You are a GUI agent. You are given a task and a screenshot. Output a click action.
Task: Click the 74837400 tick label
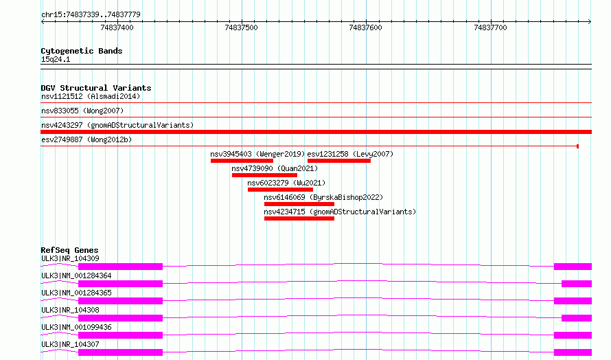(117, 27)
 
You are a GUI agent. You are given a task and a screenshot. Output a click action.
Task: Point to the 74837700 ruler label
(490, 27)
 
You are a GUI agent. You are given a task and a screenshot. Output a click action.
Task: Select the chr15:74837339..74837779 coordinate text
(91, 15)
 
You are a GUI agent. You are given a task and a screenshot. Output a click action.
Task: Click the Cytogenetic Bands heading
(82, 51)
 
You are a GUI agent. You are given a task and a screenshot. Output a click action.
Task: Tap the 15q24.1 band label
(56, 59)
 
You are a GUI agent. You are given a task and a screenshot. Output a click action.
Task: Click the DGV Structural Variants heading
(96, 88)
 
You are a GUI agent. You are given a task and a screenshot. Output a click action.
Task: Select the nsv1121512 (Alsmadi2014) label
(91, 96)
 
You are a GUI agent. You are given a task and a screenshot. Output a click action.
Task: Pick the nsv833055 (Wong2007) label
(82, 111)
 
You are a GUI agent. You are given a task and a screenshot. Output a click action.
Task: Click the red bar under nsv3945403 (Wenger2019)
(242, 161)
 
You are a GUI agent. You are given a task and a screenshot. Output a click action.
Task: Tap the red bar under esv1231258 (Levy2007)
(339, 161)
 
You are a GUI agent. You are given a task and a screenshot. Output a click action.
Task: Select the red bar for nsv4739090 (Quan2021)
(264, 175)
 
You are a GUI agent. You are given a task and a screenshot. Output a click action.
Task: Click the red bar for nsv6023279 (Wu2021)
(280, 190)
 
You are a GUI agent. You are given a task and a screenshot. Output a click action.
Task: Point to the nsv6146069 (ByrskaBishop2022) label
(323, 197)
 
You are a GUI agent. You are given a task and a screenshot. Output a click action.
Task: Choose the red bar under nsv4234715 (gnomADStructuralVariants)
(299, 218)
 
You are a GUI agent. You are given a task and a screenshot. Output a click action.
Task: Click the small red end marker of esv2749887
(577, 146)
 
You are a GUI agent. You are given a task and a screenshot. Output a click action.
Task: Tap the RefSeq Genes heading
(70, 250)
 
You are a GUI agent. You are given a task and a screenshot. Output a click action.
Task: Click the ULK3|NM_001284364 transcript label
(76, 275)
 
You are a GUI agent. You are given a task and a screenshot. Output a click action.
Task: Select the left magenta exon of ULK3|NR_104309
(120, 267)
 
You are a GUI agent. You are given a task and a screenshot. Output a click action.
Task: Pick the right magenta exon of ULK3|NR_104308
(577, 318)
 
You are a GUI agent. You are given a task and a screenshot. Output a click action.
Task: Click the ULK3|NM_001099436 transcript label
(76, 327)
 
